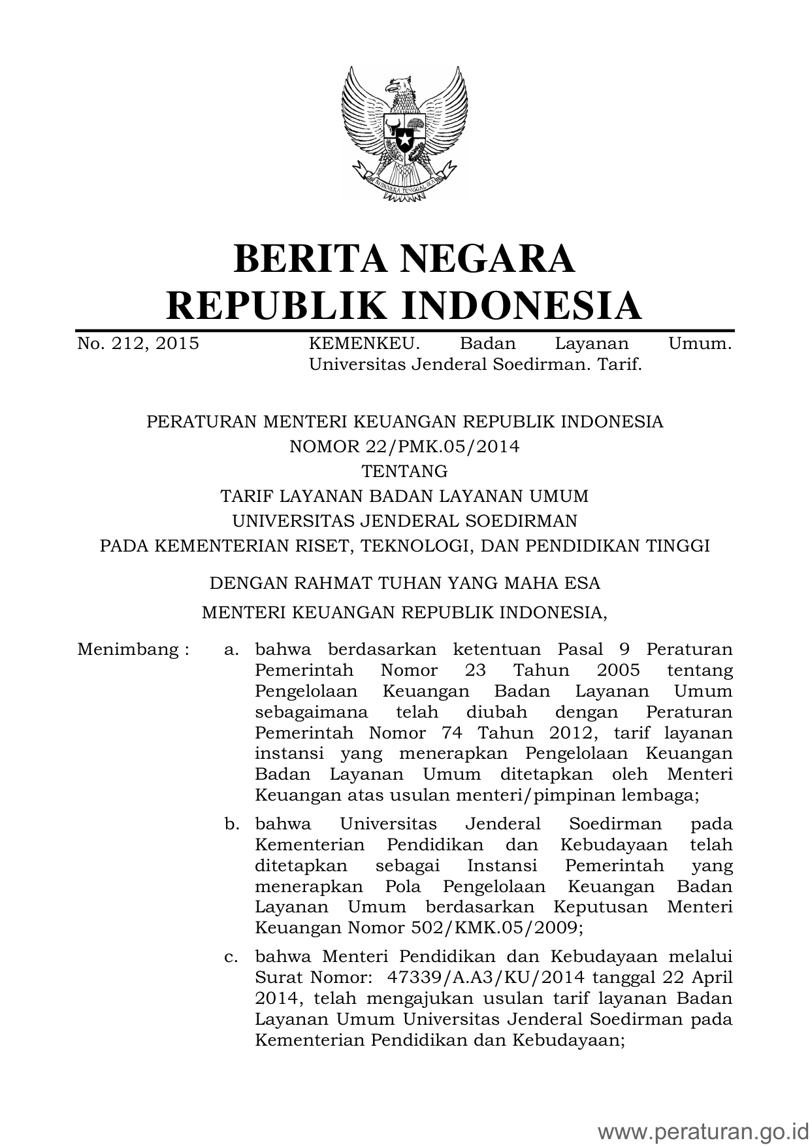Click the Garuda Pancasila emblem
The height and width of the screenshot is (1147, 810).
404,135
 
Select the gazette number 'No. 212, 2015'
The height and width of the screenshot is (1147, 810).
138,344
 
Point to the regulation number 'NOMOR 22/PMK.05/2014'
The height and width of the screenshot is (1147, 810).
404,446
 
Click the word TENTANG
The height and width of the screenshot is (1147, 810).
404,471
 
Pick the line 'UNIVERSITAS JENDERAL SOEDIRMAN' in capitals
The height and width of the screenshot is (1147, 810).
404,521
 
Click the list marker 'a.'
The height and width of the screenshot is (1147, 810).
231,650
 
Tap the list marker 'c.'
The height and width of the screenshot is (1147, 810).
231,957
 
